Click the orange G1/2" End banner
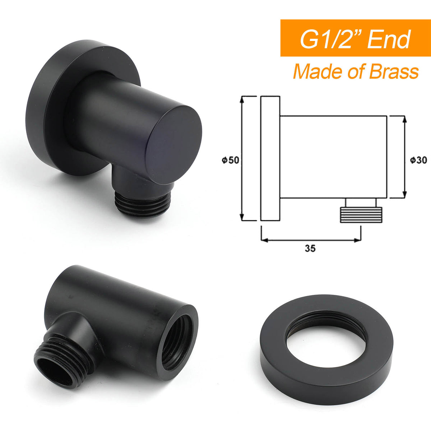(x=356, y=38)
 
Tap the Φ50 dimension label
(x=231, y=160)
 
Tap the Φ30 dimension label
(x=418, y=160)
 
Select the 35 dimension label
(x=310, y=248)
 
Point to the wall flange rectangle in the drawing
(x=270, y=158)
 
